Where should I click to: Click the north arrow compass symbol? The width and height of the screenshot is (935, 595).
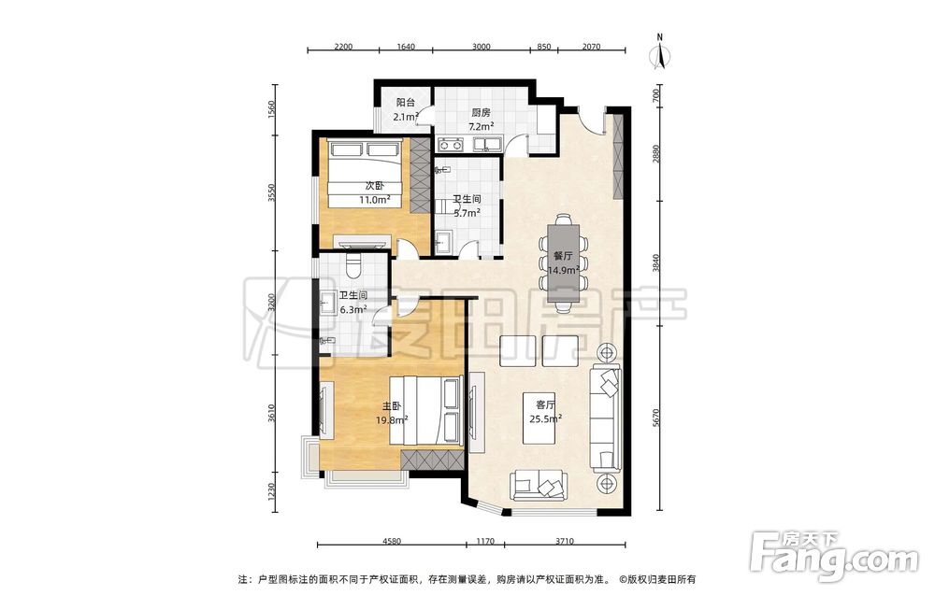point(659,52)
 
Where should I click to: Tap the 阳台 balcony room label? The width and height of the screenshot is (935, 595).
point(406,103)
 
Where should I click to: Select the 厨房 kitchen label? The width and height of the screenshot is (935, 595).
point(481,112)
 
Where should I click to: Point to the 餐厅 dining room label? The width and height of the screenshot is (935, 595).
point(563,256)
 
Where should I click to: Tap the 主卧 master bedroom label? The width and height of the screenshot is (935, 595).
point(392,407)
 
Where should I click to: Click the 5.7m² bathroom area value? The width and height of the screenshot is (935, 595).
point(467,212)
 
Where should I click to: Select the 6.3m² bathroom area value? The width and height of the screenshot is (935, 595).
point(352,309)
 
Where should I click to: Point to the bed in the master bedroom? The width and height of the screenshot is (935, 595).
point(425,410)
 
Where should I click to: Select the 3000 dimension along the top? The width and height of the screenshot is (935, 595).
point(482,47)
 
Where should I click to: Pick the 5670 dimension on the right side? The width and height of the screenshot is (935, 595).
point(656,417)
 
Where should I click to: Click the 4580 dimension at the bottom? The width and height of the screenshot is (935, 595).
point(391,542)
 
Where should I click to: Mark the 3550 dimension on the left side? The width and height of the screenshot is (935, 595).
point(272,192)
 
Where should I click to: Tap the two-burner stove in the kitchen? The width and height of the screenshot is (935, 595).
point(450,144)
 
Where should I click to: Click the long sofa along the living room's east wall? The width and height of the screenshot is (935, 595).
point(605,418)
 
